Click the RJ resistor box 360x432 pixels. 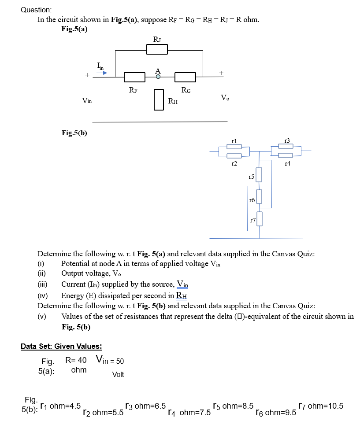pos(157,50)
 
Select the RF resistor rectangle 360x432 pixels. pos(135,78)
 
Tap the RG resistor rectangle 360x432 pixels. pos(186,78)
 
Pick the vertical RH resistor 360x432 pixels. pos(159,99)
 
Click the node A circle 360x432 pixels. pos(158,76)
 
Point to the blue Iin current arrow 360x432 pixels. pos(102,73)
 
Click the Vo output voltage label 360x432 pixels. pos(225,97)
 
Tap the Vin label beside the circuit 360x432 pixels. pos(87,101)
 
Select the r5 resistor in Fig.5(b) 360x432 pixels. pos(260,175)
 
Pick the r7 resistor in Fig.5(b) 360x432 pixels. pos(260,218)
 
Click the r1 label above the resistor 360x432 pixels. pos(234,140)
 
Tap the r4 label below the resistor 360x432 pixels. pos(288,164)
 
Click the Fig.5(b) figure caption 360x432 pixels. pos(74,133)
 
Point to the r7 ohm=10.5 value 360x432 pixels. pos(320,406)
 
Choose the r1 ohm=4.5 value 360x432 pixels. pos(60,406)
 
